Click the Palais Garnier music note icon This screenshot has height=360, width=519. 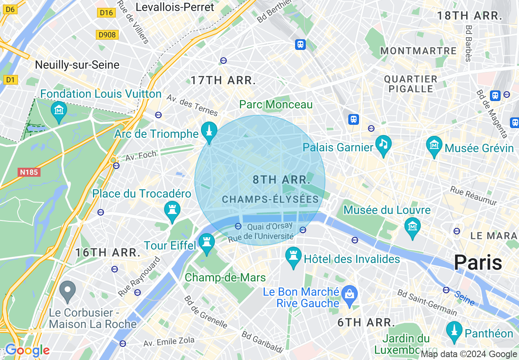[383, 144]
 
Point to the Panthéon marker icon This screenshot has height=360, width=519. [454, 331]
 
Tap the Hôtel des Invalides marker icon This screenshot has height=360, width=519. [293, 257]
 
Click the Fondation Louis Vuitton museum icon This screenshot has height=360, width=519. [59, 110]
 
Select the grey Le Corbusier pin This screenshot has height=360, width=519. [68, 290]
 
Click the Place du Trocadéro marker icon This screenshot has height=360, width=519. [172, 210]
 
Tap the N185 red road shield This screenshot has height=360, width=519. [29, 172]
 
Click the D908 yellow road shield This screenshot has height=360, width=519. [108, 35]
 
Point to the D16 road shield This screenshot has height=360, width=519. [106, 13]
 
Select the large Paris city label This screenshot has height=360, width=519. [478, 262]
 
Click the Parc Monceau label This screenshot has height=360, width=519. [276, 105]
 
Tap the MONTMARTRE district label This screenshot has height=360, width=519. [418, 51]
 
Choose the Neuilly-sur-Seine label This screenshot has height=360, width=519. [77, 65]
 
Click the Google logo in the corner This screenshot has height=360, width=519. [27, 350]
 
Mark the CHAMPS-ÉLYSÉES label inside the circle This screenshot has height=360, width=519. [270, 199]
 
